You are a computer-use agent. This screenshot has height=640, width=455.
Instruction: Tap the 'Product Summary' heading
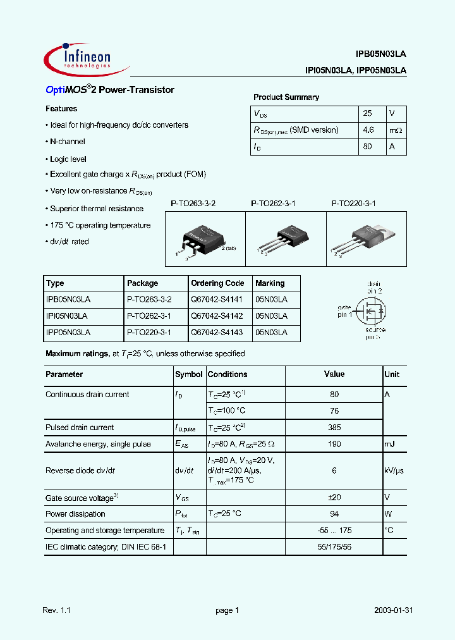[286, 97]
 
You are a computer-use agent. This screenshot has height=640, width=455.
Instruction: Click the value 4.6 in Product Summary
[369, 130]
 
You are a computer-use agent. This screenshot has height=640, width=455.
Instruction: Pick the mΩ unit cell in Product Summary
[396, 130]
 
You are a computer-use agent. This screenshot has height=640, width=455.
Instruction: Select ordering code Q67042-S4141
[217, 300]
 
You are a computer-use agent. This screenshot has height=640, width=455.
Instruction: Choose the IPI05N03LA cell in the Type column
[67, 316]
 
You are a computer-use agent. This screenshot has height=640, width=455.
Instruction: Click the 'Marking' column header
[270, 283]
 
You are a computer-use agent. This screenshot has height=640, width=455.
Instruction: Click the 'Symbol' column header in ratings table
[189, 374]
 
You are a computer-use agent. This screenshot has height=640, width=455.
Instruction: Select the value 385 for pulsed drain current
[334, 428]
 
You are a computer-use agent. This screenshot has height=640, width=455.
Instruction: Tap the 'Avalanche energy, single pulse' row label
[98, 444]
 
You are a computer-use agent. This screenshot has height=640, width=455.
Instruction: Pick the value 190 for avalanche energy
[334, 444]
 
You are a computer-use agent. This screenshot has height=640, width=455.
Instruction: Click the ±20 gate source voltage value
[334, 498]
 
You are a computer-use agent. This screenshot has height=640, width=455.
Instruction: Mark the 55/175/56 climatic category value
[334, 546]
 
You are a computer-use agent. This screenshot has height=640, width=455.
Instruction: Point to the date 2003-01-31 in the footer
[394, 610]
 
